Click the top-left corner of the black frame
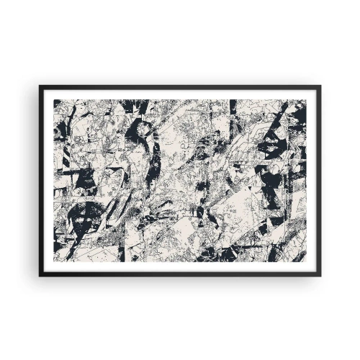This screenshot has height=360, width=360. point(40,86)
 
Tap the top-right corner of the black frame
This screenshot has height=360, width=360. point(321,86)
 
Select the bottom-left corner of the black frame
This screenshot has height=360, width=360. point(40,275)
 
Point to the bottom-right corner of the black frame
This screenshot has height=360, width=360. point(321,275)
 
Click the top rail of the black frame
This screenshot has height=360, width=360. point(180,86)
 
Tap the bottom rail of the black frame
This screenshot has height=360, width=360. point(180,274)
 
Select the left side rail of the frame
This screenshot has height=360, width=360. point(41,180)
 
